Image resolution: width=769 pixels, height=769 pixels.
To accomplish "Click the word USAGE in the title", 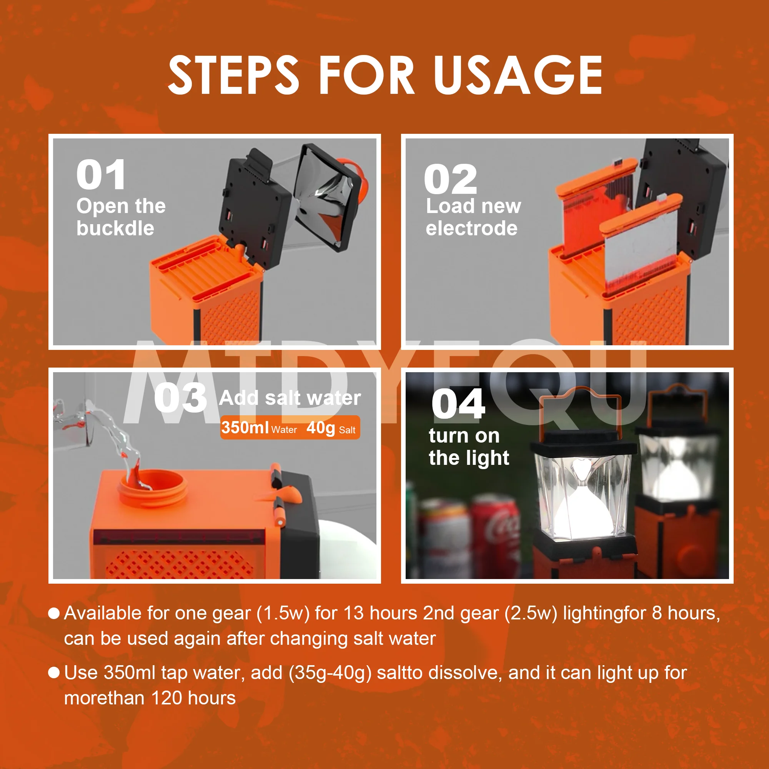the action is [x=518, y=75].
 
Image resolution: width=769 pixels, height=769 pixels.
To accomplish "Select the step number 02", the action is [x=451, y=179].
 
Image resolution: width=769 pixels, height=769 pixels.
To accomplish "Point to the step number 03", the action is [x=180, y=398].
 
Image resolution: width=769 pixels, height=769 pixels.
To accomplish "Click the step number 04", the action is [x=459, y=404].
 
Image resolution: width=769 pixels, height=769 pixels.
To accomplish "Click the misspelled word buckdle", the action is [x=115, y=228].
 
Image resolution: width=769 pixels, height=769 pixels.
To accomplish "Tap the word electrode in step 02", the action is [x=472, y=228].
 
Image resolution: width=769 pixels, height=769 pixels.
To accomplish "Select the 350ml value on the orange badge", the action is [x=245, y=428].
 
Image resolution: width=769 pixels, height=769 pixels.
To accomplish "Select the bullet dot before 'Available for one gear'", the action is [x=54, y=613].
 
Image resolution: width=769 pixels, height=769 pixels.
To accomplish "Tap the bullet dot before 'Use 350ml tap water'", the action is [x=54, y=672].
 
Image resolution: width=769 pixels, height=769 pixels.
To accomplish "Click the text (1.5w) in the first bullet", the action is [x=283, y=613].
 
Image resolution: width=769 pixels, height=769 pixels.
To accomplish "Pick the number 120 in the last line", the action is [x=167, y=698].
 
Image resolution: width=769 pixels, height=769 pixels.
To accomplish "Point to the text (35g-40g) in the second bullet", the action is [x=330, y=672].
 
